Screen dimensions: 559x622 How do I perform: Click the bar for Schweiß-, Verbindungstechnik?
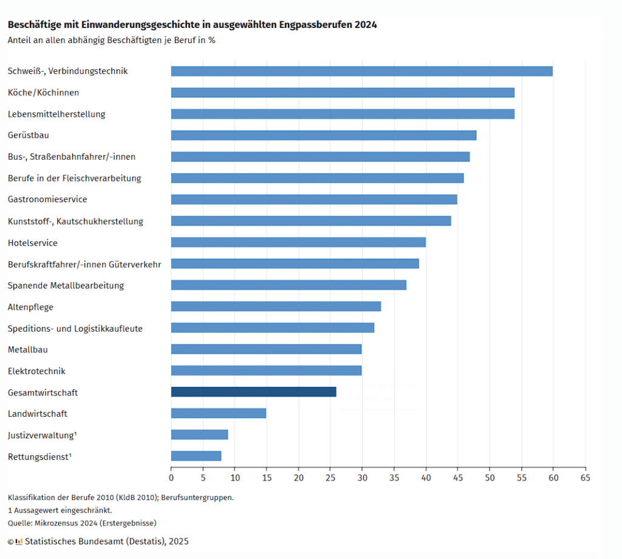361,71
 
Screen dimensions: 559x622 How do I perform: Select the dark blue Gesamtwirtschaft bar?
253,392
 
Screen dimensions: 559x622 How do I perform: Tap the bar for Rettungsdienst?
196,456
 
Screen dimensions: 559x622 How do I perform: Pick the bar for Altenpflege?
276,306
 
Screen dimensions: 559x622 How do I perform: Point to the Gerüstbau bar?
323,135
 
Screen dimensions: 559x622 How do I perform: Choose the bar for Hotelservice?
298,242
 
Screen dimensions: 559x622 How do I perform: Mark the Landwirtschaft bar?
219,413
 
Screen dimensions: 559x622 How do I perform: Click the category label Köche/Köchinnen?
43,93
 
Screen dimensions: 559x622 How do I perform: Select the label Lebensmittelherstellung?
56,114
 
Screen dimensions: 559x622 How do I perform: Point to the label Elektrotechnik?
36,371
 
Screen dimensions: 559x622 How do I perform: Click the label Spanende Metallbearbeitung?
66,286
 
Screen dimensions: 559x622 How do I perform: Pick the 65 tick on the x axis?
585,478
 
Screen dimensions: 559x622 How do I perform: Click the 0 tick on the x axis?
171,478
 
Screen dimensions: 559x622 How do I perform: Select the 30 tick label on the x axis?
362,478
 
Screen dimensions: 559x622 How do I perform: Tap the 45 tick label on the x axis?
457,478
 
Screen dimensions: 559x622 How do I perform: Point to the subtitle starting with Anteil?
111,41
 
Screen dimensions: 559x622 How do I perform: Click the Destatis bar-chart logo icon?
19,541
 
